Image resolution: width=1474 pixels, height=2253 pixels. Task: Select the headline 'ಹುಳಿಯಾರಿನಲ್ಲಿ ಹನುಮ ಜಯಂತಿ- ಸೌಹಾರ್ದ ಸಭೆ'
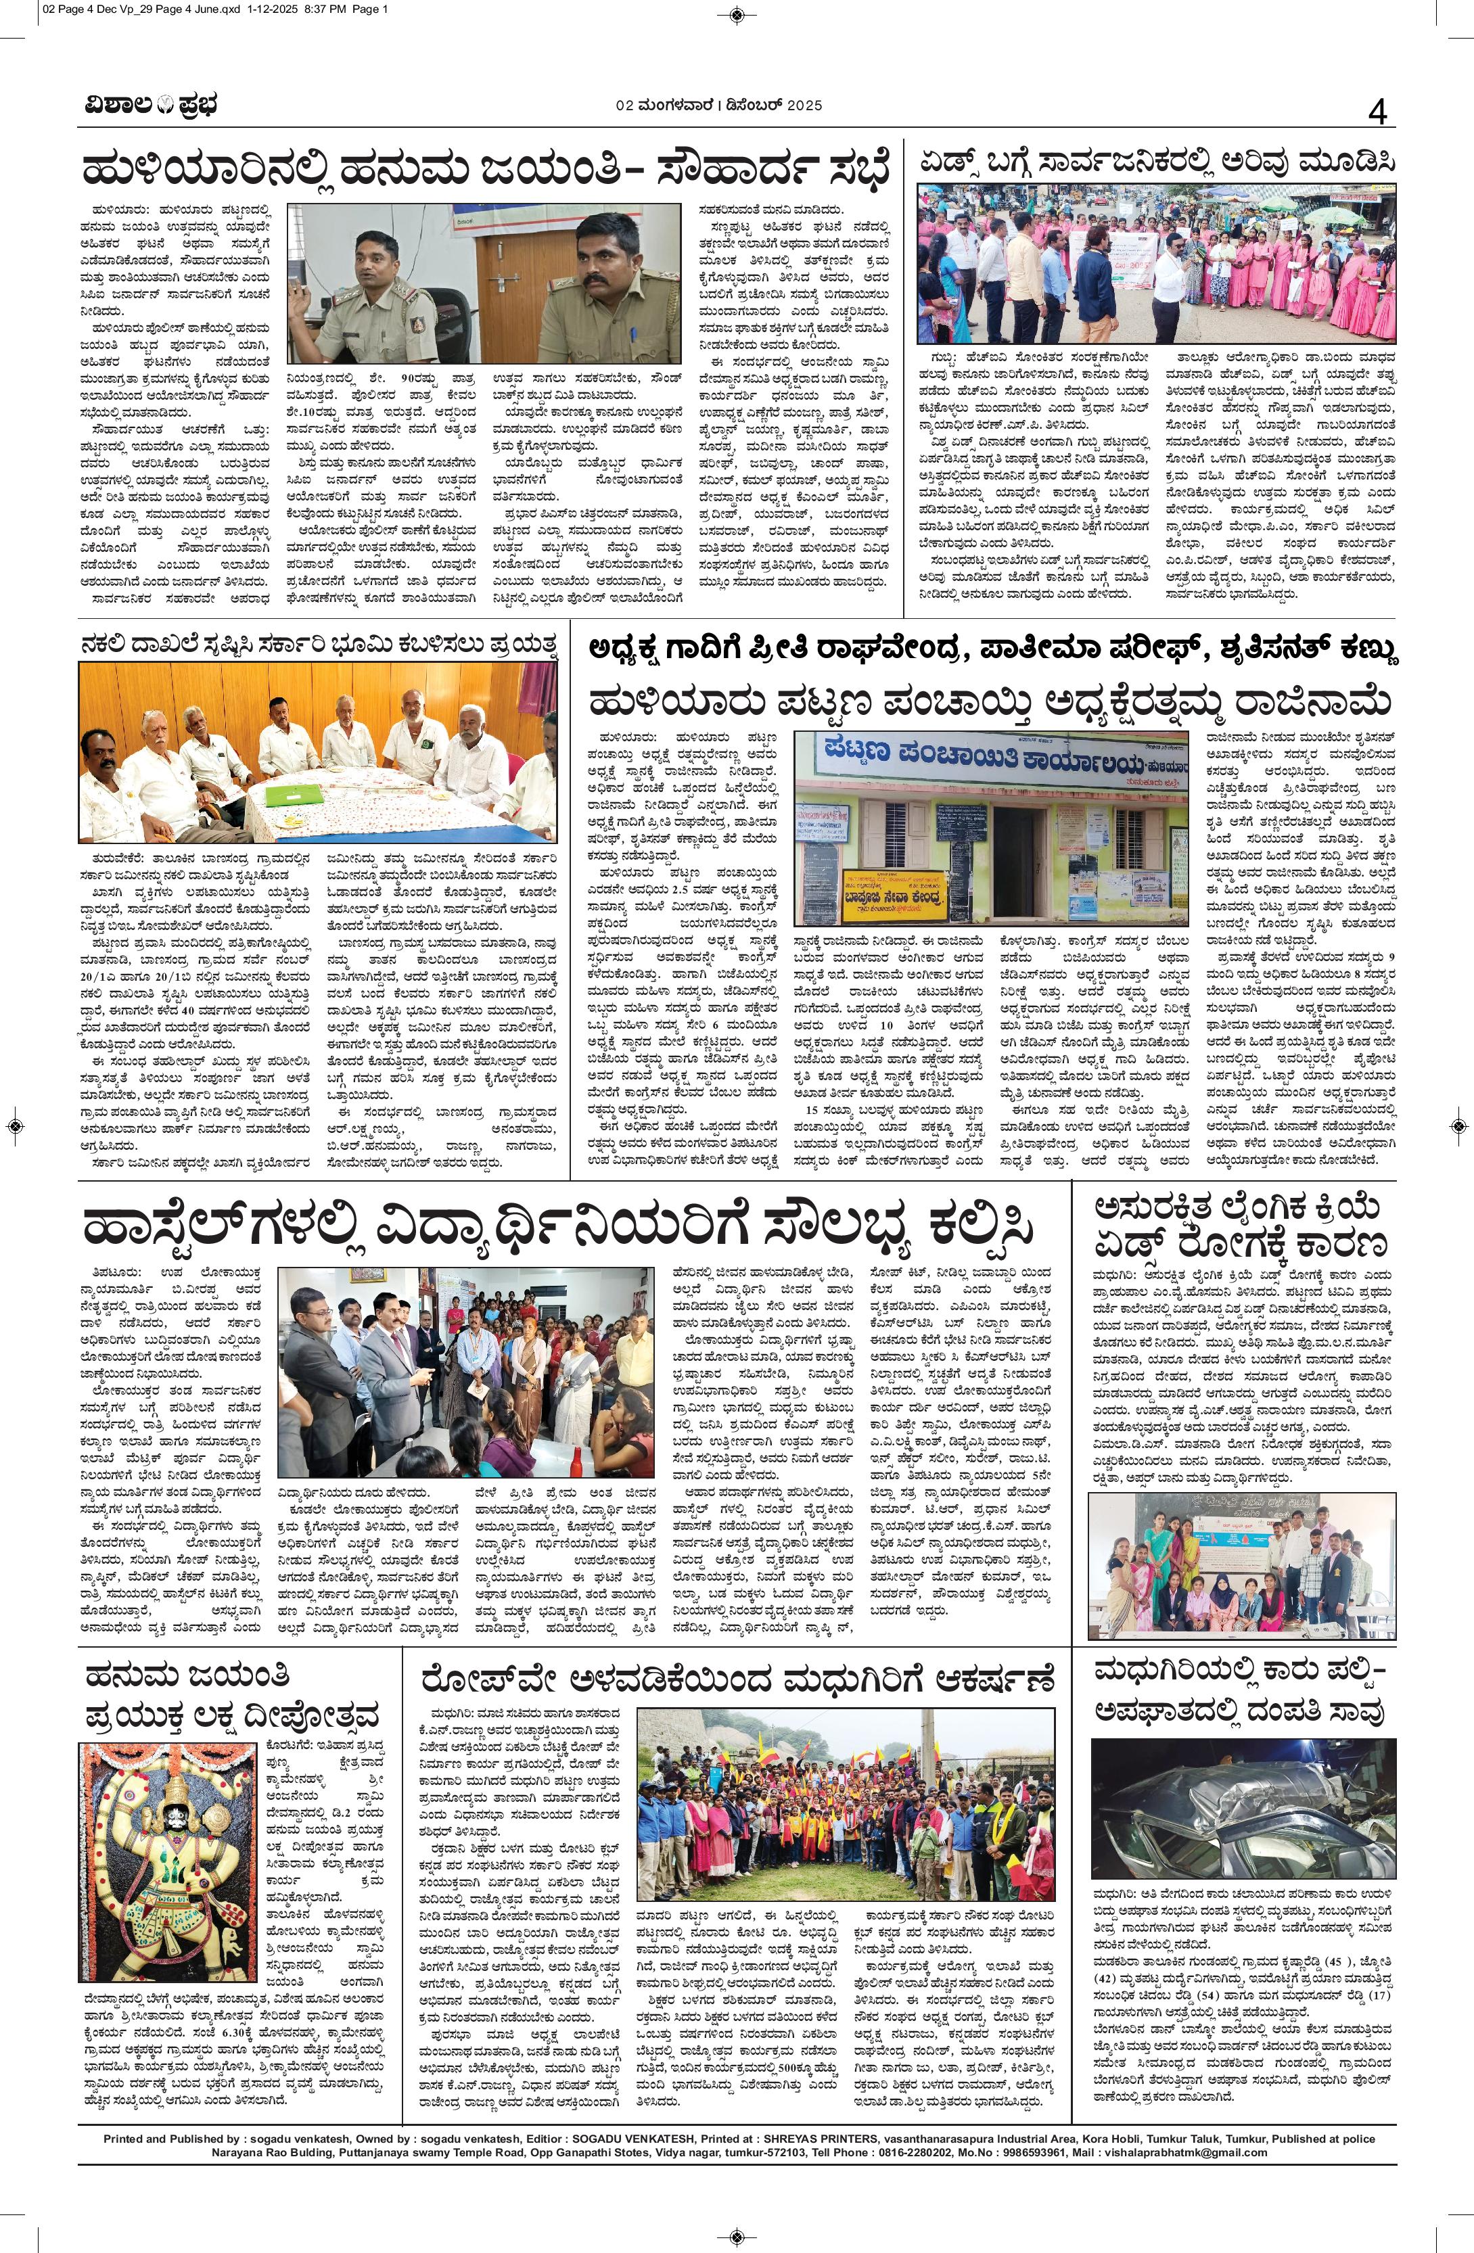(486, 171)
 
